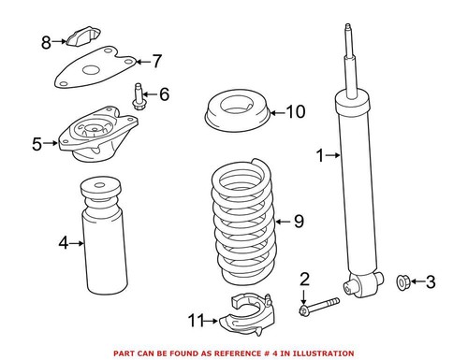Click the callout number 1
click(321, 156)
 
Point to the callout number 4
click(63, 243)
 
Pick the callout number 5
click(37, 144)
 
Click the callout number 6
click(164, 94)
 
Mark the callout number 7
click(156, 62)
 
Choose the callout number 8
click(46, 41)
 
